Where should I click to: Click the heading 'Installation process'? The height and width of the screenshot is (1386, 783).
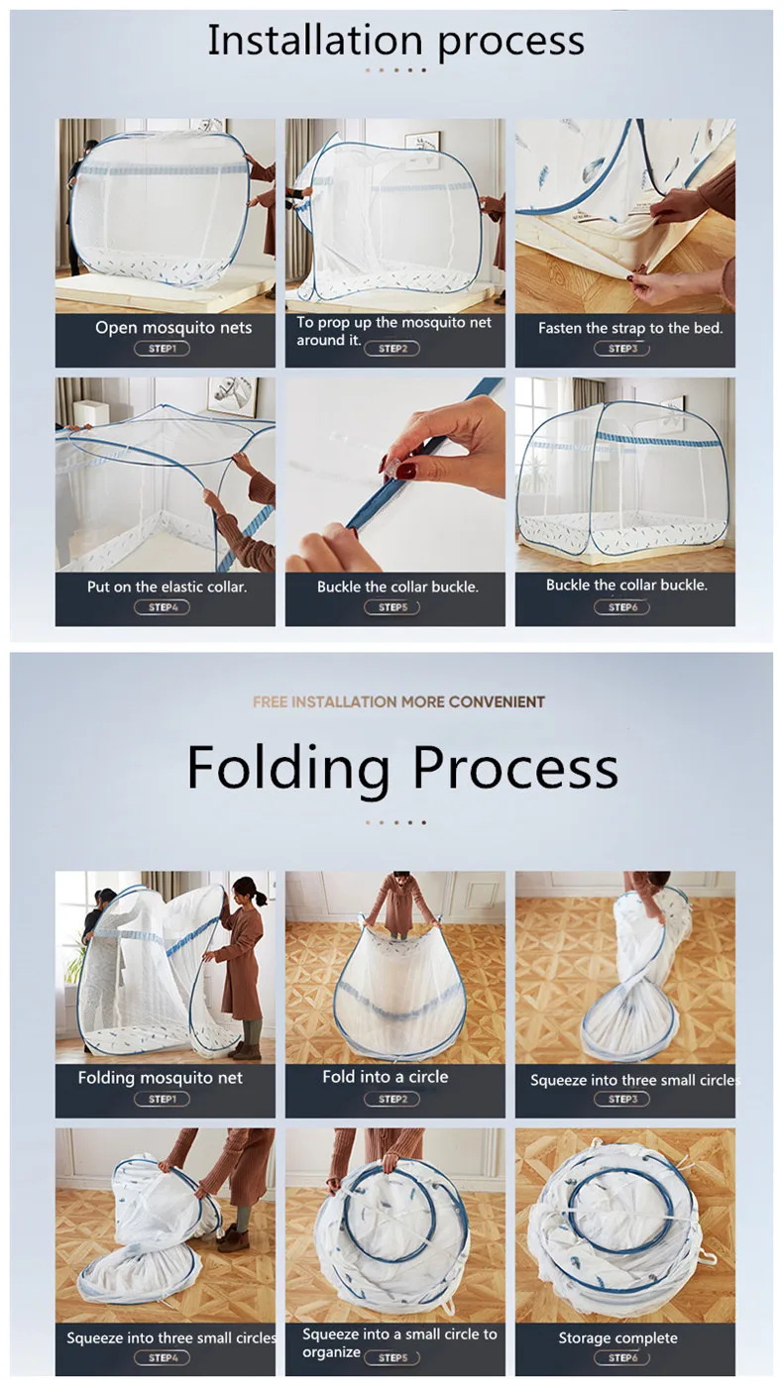click(395, 41)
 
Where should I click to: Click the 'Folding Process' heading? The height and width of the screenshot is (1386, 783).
click(402, 767)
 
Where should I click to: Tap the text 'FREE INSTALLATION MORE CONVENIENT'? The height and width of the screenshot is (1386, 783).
click(398, 701)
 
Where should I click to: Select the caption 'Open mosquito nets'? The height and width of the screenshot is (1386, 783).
click(173, 328)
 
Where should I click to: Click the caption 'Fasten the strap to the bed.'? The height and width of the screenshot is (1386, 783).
click(630, 328)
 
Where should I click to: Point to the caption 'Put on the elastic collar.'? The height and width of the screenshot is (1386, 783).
click(168, 586)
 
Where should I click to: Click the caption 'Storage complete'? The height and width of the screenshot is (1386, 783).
click(617, 1337)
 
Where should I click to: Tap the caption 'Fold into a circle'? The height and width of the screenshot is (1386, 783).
click(385, 1077)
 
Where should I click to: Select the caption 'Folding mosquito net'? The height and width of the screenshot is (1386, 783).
click(161, 1078)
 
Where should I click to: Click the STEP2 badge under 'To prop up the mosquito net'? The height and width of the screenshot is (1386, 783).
click(391, 349)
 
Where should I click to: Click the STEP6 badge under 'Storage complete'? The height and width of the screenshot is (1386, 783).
click(622, 1358)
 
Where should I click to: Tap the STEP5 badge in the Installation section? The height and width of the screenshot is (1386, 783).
click(391, 607)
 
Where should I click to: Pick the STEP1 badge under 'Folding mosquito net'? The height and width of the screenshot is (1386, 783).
click(162, 1099)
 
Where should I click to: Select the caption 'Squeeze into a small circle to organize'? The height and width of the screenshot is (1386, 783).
click(399, 1342)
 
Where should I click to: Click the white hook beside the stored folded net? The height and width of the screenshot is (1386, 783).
click(708, 1256)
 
